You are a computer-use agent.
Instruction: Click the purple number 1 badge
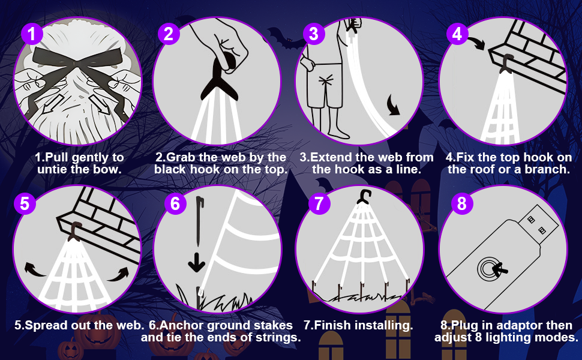32,34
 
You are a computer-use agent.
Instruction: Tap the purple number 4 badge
457,34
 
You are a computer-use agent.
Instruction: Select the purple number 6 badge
175,203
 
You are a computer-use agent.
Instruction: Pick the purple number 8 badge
462,203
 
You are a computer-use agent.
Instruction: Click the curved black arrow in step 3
393,105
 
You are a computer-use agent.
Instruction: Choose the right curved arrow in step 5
118,274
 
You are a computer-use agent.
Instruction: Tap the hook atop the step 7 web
364,197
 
